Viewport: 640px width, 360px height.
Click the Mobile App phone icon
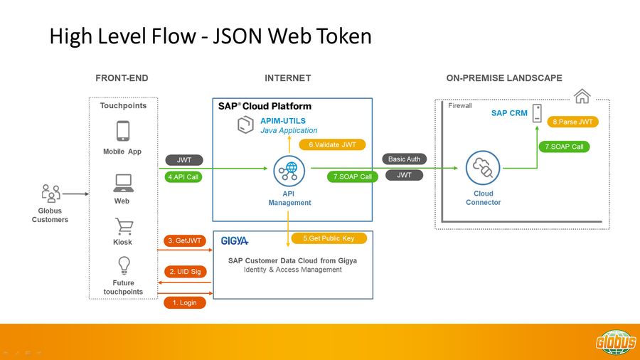click(122, 132)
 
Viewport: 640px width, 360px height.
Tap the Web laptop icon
click(122, 184)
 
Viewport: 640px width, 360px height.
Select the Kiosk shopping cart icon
click(124, 226)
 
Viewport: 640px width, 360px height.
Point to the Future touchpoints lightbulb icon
click(124, 265)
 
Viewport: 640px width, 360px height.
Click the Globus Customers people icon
click(50, 194)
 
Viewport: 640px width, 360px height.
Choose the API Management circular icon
click(289, 171)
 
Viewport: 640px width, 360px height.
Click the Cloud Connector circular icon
click(483, 169)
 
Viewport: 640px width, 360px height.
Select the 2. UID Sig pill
click(185, 271)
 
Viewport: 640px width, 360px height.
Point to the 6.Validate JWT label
click(331, 144)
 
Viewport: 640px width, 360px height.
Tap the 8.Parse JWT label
click(572, 122)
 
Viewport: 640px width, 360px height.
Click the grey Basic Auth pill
click(405, 159)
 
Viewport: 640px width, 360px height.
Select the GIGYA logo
click(235, 241)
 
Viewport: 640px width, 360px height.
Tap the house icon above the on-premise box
click(582, 95)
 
